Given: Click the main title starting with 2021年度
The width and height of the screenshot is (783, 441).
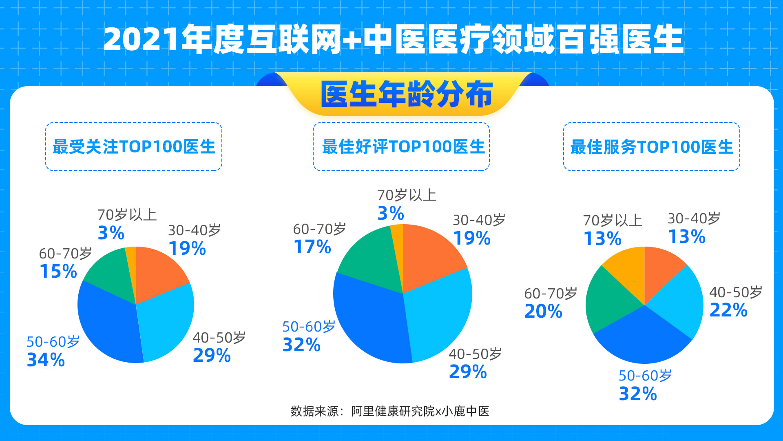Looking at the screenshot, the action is pyautogui.click(x=393, y=39).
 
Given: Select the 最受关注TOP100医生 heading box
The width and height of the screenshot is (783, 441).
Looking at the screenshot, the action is pyautogui.click(x=134, y=147).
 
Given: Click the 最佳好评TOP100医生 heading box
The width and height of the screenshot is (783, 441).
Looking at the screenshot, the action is pyautogui.click(x=401, y=147).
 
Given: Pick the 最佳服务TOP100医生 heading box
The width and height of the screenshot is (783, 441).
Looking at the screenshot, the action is pyautogui.click(x=652, y=147).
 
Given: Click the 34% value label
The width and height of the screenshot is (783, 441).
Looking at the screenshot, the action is pyautogui.click(x=46, y=360).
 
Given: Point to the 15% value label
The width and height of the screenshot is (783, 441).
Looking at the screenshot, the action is pyautogui.click(x=58, y=272).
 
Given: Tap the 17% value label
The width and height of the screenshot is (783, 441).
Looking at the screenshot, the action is pyautogui.click(x=312, y=247).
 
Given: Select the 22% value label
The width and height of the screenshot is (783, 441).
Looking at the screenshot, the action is pyautogui.click(x=728, y=310).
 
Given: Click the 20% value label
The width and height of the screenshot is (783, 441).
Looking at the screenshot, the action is pyautogui.click(x=543, y=311).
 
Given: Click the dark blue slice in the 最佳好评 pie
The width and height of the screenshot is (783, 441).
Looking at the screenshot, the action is pyautogui.click(x=371, y=323).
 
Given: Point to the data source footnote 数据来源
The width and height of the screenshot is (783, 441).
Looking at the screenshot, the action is pyautogui.click(x=390, y=411).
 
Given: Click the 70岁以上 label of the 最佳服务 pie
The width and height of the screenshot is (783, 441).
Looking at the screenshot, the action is pyautogui.click(x=613, y=220).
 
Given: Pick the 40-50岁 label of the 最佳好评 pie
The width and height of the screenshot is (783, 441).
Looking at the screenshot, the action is pyautogui.click(x=476, y=354).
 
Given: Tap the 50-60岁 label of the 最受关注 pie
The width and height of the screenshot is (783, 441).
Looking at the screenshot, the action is pyautogui.click(x=53, y=342).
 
